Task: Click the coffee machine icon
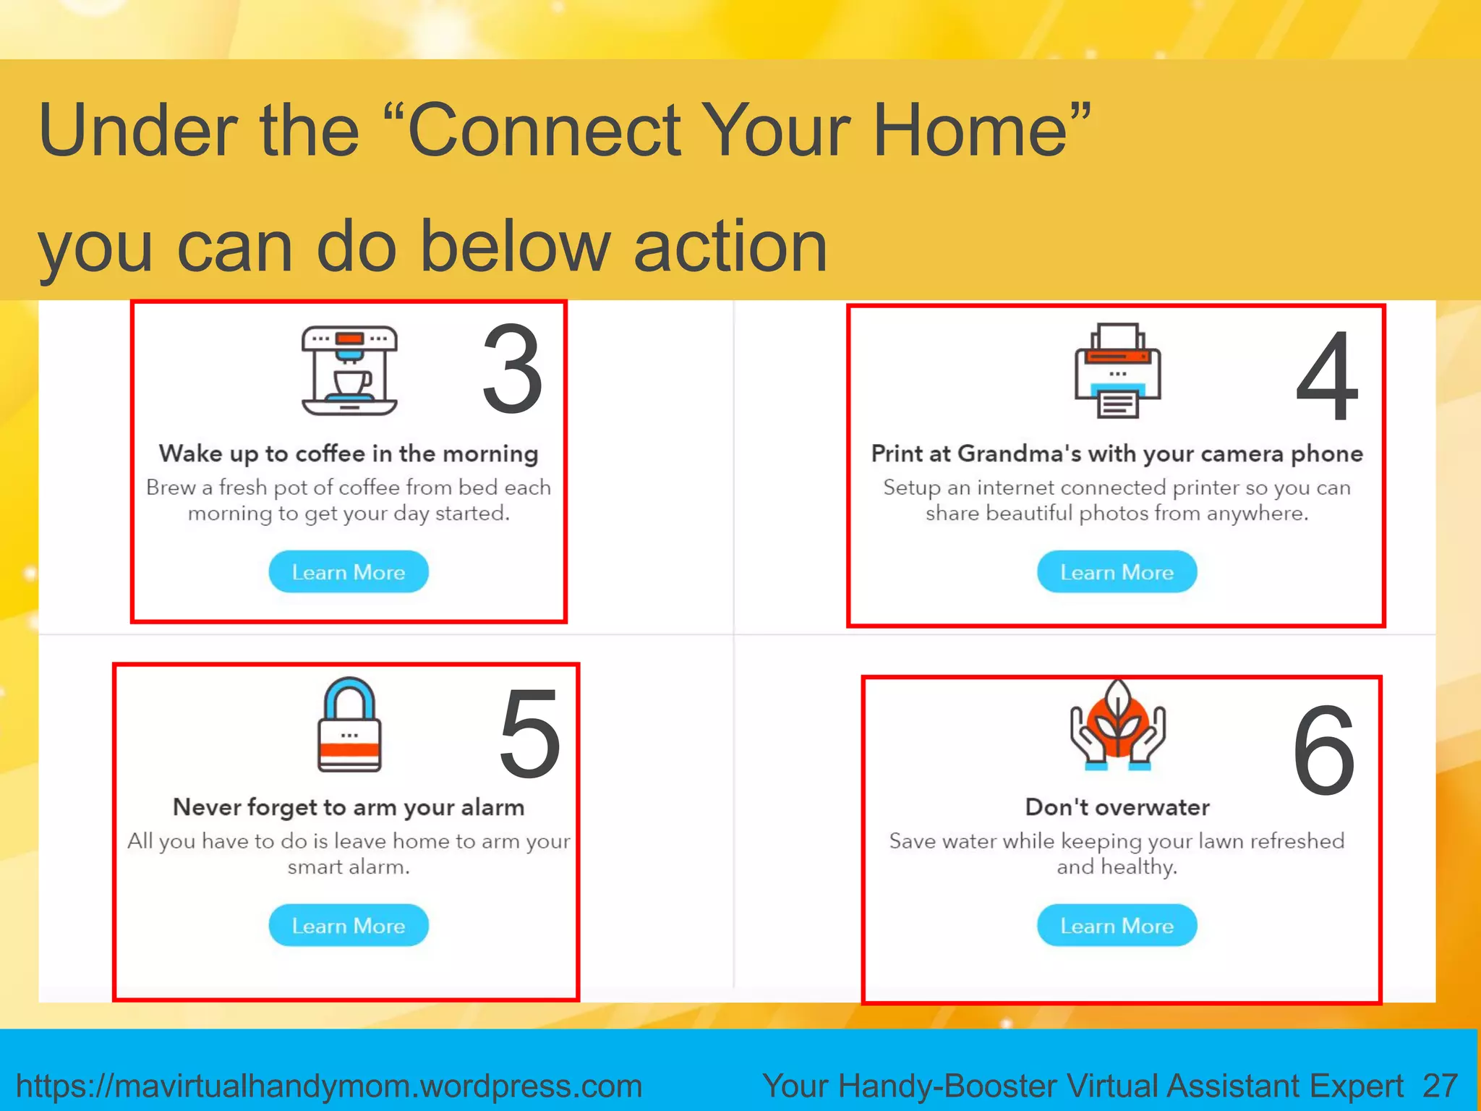point(349,370)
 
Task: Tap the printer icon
point(1117,370)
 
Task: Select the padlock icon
point(349,725)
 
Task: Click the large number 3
point(512,370)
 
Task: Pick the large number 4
point(1327,376)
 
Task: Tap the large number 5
point(529,734)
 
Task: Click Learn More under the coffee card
point(349,572)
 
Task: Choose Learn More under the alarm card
point(349,926)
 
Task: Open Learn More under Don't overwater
point(1117,926)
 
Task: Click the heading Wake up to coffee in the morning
point(349,454)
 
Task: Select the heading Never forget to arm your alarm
point(349,807)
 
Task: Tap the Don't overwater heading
point(1117,807)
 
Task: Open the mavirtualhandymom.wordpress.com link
point(329,1086)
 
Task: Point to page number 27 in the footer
point(1440,1086)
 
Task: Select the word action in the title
point(730,247)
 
